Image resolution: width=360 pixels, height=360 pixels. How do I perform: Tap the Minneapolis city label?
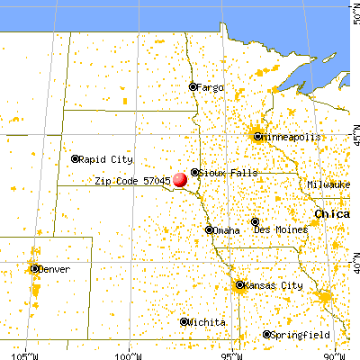(x=287, y=137)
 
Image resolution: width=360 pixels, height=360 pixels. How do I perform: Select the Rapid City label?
(x=106, y=158)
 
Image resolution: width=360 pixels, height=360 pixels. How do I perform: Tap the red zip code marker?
(x=181, y=179)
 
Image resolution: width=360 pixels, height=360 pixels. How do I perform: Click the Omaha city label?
(x=227, y=230)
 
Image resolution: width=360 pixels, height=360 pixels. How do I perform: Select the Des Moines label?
(x=283, y=230)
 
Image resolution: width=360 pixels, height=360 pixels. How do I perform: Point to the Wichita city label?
(x=206, y=321)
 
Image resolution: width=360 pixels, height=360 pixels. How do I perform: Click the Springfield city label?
(x=296, y=335)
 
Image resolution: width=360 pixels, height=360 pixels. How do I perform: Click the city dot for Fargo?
(x=192, y=87)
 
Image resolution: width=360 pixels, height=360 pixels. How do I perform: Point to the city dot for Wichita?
(x=184, y=321)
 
